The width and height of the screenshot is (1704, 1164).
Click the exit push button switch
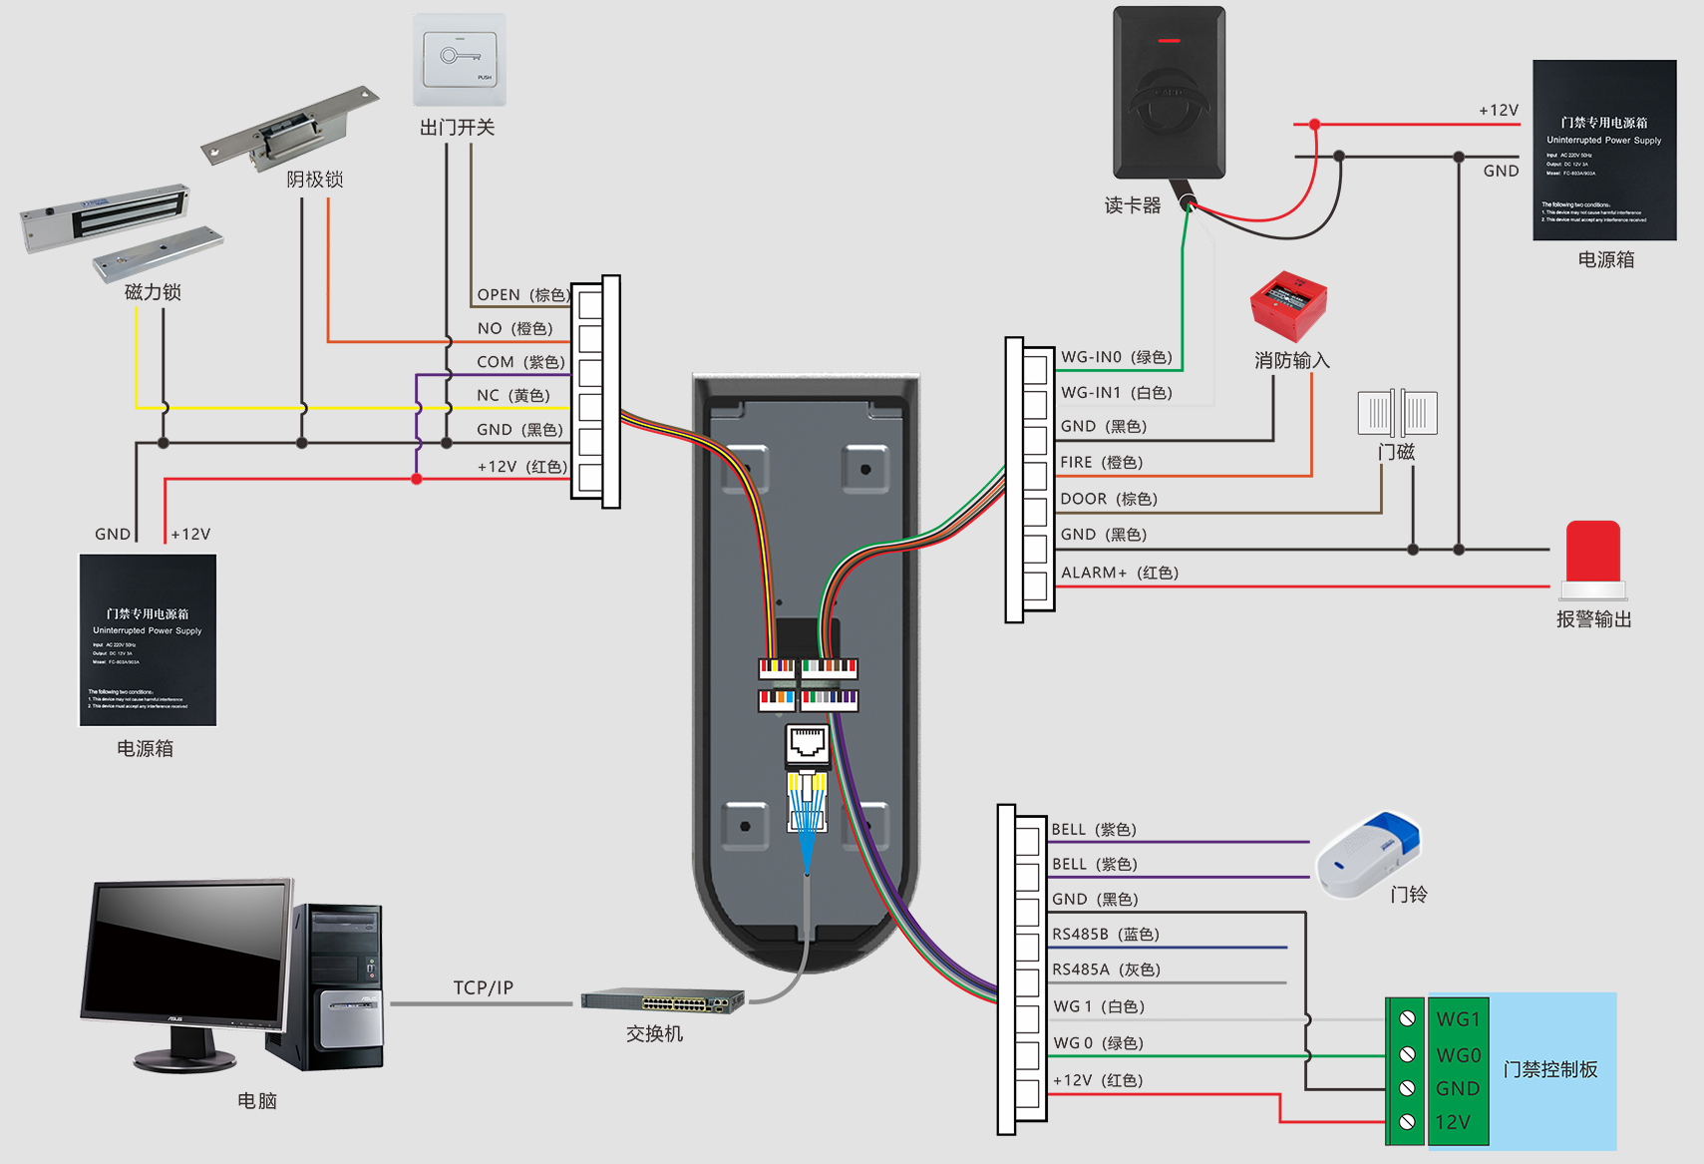point(460,60)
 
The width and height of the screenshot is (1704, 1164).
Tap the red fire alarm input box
point(1288,305)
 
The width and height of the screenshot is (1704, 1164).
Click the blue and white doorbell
point(1367,854)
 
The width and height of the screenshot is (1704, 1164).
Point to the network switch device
point(663,999)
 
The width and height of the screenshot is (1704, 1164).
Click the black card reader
point(1169,93)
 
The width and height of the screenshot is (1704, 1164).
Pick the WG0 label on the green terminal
point(1458,1055)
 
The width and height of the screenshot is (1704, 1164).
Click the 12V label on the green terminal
point(1453,1122)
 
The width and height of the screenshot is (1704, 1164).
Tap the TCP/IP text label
point(483,987)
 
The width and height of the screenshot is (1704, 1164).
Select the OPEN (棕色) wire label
point(522,295)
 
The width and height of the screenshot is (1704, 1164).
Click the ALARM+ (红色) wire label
point(1120,573)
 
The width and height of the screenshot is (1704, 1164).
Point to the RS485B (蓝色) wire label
point(1105,935)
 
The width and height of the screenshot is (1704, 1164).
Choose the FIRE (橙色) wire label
point(1101,463)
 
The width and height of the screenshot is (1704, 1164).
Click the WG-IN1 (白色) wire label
point(1116,393)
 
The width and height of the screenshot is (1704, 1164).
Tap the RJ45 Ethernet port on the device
point(808,743)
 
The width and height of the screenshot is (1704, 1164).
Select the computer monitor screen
point(187,955)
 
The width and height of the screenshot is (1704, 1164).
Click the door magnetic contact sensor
point(1397,412)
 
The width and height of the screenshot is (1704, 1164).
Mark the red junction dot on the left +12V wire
point(417,480)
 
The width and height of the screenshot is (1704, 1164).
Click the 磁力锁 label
point(153,292)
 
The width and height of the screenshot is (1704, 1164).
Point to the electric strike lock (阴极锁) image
point(289,127)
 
